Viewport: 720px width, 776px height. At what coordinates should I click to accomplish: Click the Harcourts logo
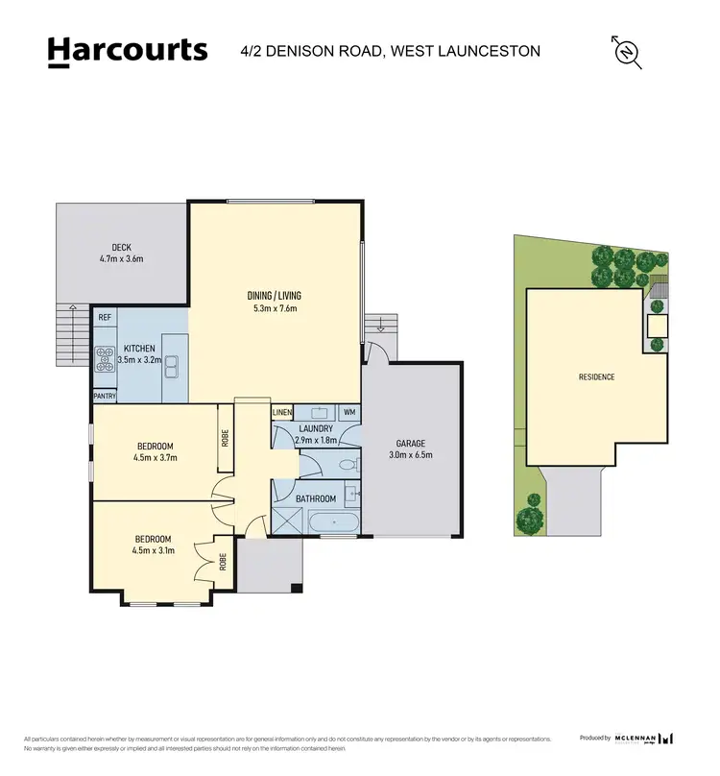pyautogui.click(x=128, y=50)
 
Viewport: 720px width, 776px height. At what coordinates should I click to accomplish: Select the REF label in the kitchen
pyautogui.click(x=105, y=316)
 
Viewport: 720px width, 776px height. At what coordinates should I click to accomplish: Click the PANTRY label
pyautogui.click(x=105, y=395)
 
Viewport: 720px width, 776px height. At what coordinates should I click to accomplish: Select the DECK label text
pyautogui.click(x=121, y=247)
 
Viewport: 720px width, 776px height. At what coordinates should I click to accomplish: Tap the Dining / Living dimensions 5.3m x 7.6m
pyautogui.click(x=275, y=308)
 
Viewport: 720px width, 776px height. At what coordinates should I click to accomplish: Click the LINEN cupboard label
pyautogui.click(x=281, y=413)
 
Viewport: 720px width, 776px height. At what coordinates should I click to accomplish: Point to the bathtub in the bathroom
pyautogui.click(x=333, y=523)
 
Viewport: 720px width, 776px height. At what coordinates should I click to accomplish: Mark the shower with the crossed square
pyautogui.click(x=286, y=521)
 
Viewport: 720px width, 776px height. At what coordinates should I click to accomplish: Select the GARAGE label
pyautogui.click(x=411, y=444)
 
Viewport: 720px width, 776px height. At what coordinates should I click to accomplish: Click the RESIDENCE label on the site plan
pyautogui.click(x=596, y=376)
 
